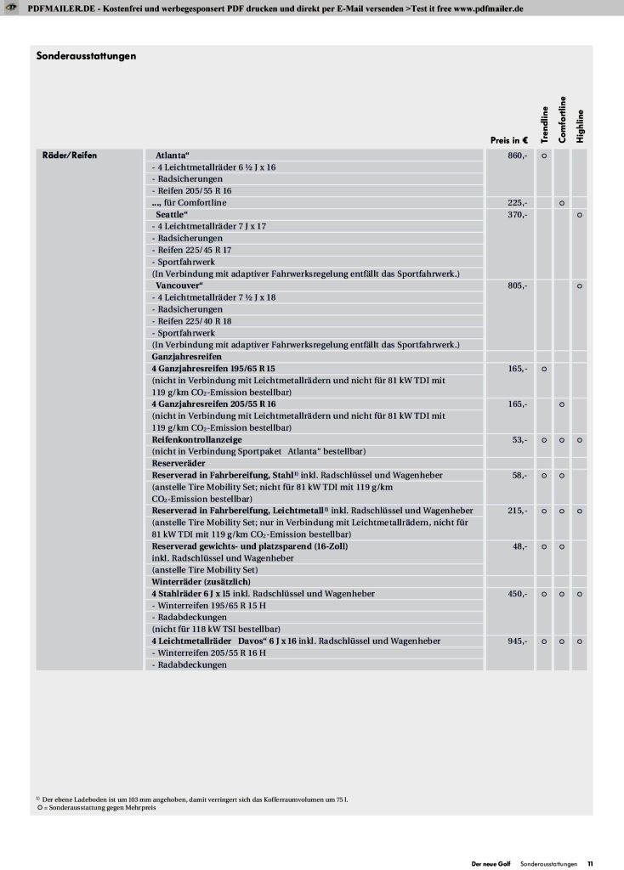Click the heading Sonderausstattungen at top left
pos(87,56)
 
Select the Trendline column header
pos(544,119)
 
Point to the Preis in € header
pos(509,139)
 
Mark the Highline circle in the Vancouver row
pos(579,286)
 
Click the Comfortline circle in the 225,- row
pos(562,203)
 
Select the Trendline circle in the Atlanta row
pos(544,156)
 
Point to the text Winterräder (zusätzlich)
pos(201,581)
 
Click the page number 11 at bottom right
pos(590,863)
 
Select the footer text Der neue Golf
pos(492,863)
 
